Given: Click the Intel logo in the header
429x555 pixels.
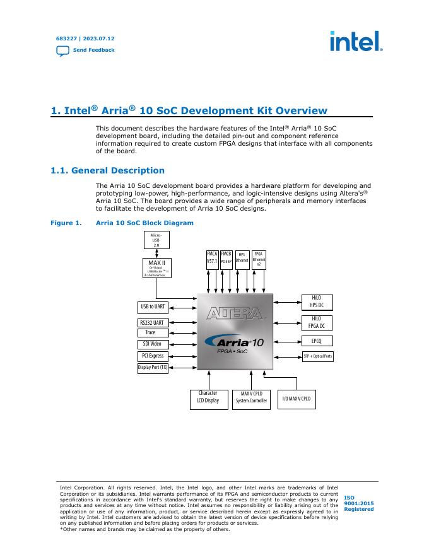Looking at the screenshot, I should coord(356,42).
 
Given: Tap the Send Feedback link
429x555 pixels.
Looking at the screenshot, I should coord(93,50).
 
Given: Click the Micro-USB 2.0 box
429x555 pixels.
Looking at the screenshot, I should coord(156,240).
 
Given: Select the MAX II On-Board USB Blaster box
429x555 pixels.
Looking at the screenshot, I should coord(156,268).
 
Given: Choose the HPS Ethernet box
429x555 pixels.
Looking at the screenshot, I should coord(242,259).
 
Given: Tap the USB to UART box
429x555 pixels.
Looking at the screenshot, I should coord(153,307).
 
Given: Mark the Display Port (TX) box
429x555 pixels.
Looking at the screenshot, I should coord(153,368).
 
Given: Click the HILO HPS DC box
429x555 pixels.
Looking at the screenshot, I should coord(316,301).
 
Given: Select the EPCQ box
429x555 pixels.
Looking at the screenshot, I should coord(316,341).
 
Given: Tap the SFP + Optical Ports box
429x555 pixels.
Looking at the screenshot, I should coord(318,356).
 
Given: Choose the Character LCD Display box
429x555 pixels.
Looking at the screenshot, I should coord(208,399).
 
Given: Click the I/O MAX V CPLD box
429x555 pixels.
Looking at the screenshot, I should coord(297,399).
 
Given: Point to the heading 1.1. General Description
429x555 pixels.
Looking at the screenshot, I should coord(107,171).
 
